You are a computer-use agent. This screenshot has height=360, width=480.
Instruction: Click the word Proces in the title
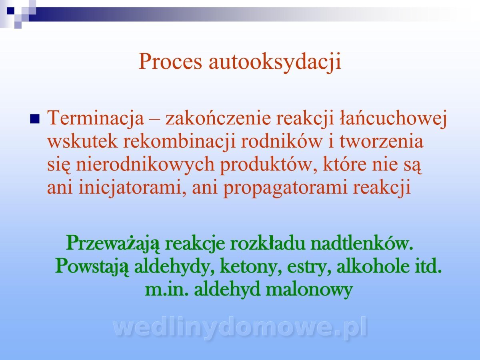click(x=170, y=62)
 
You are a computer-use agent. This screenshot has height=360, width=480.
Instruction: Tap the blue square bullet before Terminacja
click(x=35, y=119)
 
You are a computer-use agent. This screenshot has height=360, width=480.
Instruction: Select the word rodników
click(x=282, y=141)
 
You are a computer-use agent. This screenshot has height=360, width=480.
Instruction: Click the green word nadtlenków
click(x=362, y=243)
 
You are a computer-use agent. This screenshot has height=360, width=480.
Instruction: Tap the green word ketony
click(x=251, y=267)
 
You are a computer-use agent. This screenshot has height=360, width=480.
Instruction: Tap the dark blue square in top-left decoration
click(x=10, y=11)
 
